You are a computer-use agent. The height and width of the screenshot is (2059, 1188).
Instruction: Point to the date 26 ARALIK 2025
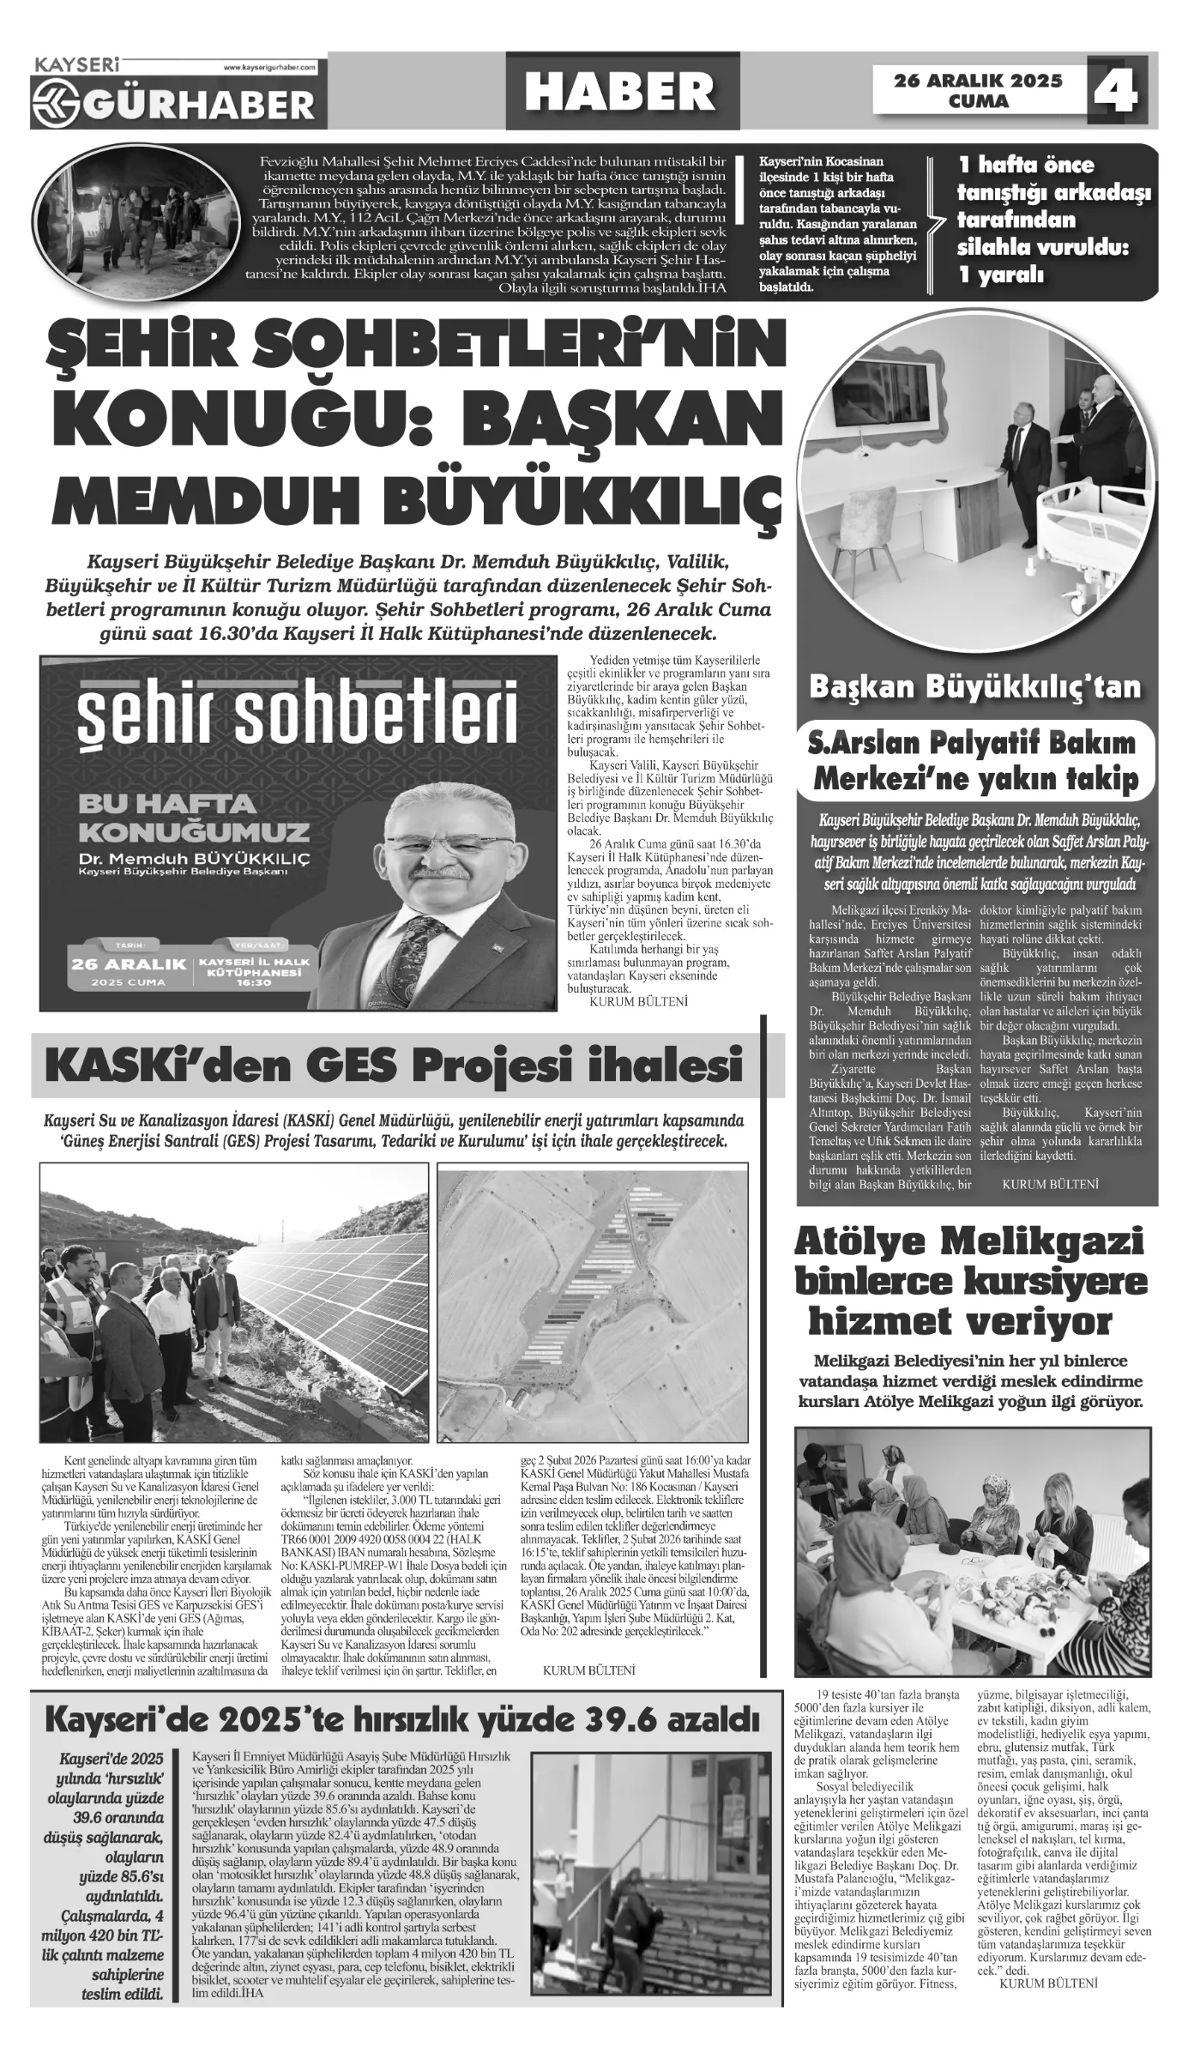point(978,81)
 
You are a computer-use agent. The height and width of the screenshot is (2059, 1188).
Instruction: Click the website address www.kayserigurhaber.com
point(269,66)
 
